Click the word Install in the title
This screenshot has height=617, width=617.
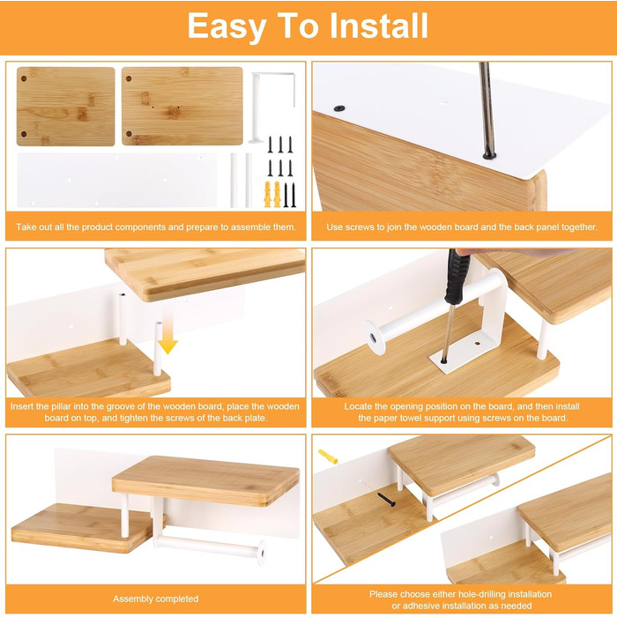378,26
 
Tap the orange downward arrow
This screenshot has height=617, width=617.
168,331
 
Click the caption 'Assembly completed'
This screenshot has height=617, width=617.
155,598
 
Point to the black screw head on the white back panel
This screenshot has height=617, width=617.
339,108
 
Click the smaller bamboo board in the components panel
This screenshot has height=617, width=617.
66,107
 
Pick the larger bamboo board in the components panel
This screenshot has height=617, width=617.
182,107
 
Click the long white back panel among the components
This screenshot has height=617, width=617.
117,180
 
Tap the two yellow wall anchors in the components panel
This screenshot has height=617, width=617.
272,194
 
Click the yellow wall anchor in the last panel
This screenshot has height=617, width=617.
328,456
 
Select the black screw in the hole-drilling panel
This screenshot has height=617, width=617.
386,500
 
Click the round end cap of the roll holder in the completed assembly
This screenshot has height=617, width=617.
262,553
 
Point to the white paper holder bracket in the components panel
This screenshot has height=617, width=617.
272,107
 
